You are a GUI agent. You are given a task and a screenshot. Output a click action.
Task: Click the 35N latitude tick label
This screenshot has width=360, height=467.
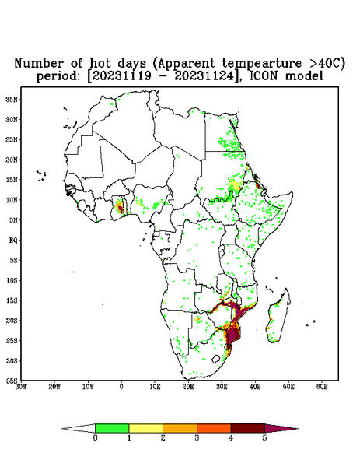(12, 99)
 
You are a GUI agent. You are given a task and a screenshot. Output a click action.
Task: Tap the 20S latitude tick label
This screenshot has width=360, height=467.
(12, 321)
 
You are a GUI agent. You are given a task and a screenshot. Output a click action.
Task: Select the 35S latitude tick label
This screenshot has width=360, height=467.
(12, 381)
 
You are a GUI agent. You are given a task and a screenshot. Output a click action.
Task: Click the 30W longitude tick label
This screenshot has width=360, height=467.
(21, 387)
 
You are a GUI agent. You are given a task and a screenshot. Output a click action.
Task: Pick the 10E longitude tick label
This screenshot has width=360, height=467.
(155, 387)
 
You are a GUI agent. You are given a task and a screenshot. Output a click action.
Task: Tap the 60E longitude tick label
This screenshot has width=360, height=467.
(322, 387)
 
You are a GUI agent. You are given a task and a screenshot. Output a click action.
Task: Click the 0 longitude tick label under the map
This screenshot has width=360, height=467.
(121, 387)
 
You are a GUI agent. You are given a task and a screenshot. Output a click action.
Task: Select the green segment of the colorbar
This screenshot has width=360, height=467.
(112, 428)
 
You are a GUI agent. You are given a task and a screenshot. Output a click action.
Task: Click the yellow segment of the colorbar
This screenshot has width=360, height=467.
(145, 428)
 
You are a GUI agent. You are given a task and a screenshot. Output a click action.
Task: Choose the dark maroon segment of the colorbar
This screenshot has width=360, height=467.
(248, 428)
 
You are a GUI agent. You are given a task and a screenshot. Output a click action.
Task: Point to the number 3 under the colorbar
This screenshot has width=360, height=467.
(197, 438)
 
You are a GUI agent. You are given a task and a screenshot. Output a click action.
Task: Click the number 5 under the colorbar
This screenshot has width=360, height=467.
(264, 438)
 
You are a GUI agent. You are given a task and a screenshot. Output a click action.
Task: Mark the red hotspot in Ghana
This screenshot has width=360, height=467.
(120, 207)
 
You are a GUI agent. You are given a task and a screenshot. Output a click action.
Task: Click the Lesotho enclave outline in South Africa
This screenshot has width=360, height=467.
(216, 359)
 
